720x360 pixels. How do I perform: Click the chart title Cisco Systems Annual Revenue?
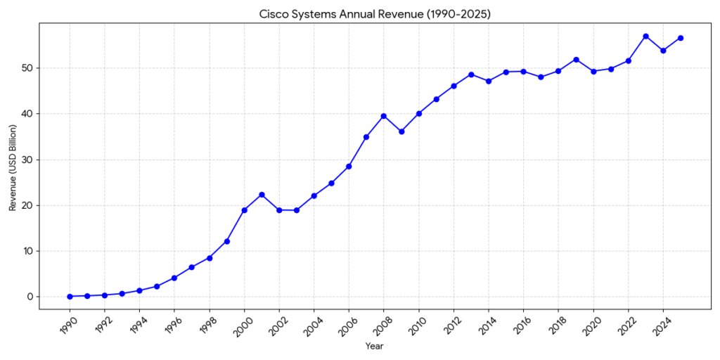tap(375, 13)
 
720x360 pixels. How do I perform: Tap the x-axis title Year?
tap(375, 346)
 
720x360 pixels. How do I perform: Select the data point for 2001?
tap(262, 195)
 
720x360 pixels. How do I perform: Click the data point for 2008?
tap(383, 116)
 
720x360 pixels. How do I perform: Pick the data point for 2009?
tap(401, 131)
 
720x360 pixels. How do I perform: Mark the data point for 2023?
tap(645, 37)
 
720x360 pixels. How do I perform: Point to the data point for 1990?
tap(70, 297)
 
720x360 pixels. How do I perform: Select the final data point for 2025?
tap(680, 38)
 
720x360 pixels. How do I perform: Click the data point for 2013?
tap(470, 75)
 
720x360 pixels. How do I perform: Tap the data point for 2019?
tap(576, 60)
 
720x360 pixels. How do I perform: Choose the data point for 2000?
tap(244, 210)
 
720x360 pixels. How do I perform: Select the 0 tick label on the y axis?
tap(30, 297)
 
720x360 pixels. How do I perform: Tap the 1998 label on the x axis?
tap(206, 324)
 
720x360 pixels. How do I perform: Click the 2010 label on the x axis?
tap(416, 324)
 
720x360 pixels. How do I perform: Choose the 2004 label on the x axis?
tap(311, 324)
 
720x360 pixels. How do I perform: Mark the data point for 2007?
tap(366, 137)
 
